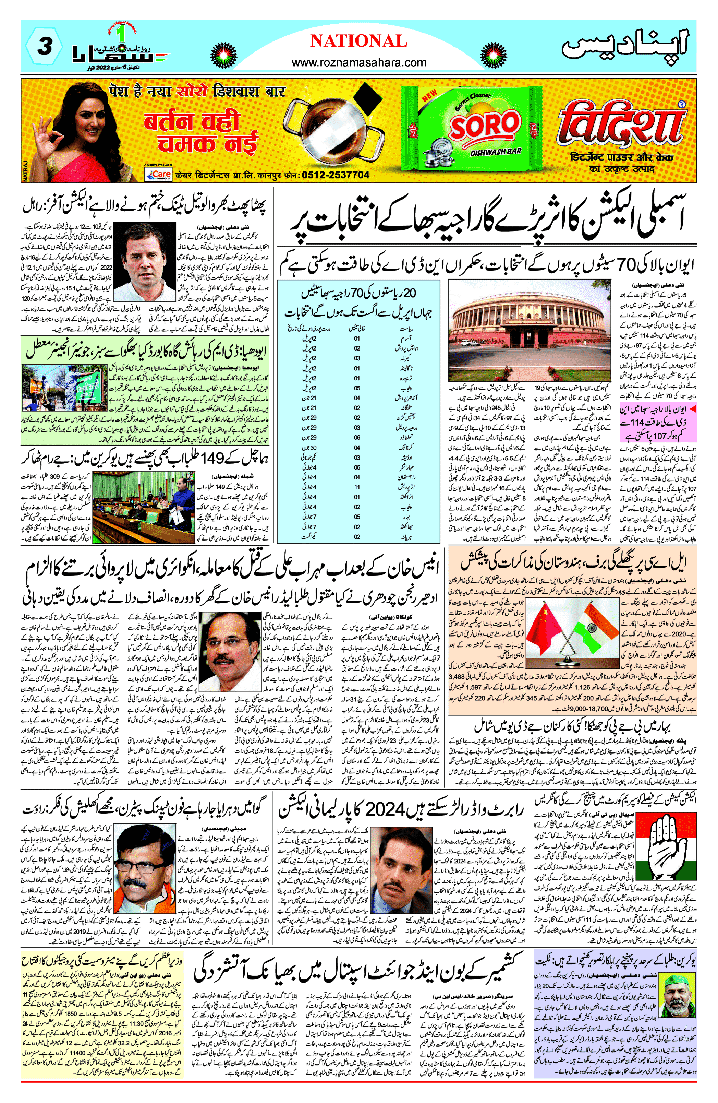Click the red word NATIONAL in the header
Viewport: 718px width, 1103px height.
(358, 41)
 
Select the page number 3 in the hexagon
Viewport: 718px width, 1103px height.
(44, 47)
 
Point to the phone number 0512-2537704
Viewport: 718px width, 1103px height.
(336, 175)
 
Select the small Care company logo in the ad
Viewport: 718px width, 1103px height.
(158, 174)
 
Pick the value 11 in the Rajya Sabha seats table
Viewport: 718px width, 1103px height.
(357, 487)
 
